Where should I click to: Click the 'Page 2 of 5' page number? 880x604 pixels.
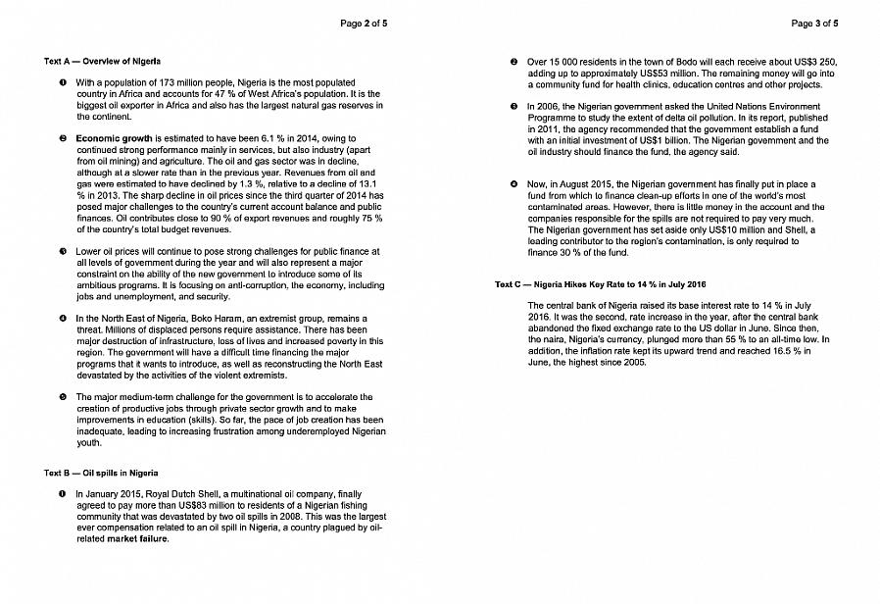364,23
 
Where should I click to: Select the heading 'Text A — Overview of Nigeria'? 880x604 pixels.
102,62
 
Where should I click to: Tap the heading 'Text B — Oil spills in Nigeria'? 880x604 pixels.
101,473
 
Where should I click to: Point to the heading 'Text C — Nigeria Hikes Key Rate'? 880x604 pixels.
601,284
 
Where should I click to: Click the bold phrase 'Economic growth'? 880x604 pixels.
114,138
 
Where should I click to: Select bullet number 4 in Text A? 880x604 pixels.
62,319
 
